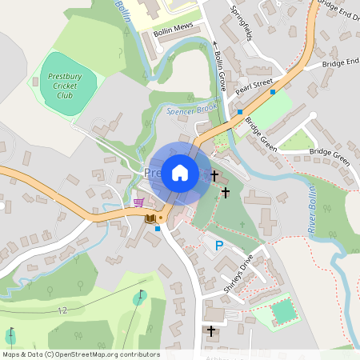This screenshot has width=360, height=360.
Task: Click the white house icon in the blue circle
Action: point(180,172)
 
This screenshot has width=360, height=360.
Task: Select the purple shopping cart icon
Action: point(139,202)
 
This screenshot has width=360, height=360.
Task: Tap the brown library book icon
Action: point(150,218)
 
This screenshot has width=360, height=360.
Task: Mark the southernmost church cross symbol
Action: point(211,330)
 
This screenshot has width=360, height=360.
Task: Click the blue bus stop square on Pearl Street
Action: point(273,92)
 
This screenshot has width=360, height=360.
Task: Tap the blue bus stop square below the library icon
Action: point(158,229)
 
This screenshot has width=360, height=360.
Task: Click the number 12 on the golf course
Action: point(62,309)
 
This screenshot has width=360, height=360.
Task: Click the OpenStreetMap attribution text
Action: point(81,354)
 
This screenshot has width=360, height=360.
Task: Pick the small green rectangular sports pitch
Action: point(284,310)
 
